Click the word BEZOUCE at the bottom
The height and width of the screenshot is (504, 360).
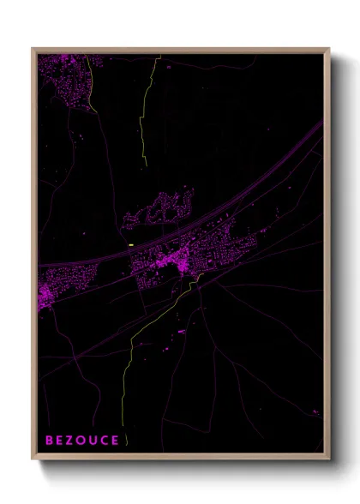pyautogui.click(x=82, y=440)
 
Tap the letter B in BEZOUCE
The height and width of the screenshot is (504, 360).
pyautogui.click(x=50, y=440)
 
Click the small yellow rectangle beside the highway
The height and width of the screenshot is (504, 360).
pyautogui.click(x=131, y=244)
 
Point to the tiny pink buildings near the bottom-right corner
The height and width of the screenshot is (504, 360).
pyautogui.click(x=315, y=413)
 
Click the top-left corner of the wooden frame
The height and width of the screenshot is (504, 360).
pyautogui.click(x=33, y=50)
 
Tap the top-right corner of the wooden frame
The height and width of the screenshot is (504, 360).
pyautogui.click(x=328, y=50)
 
